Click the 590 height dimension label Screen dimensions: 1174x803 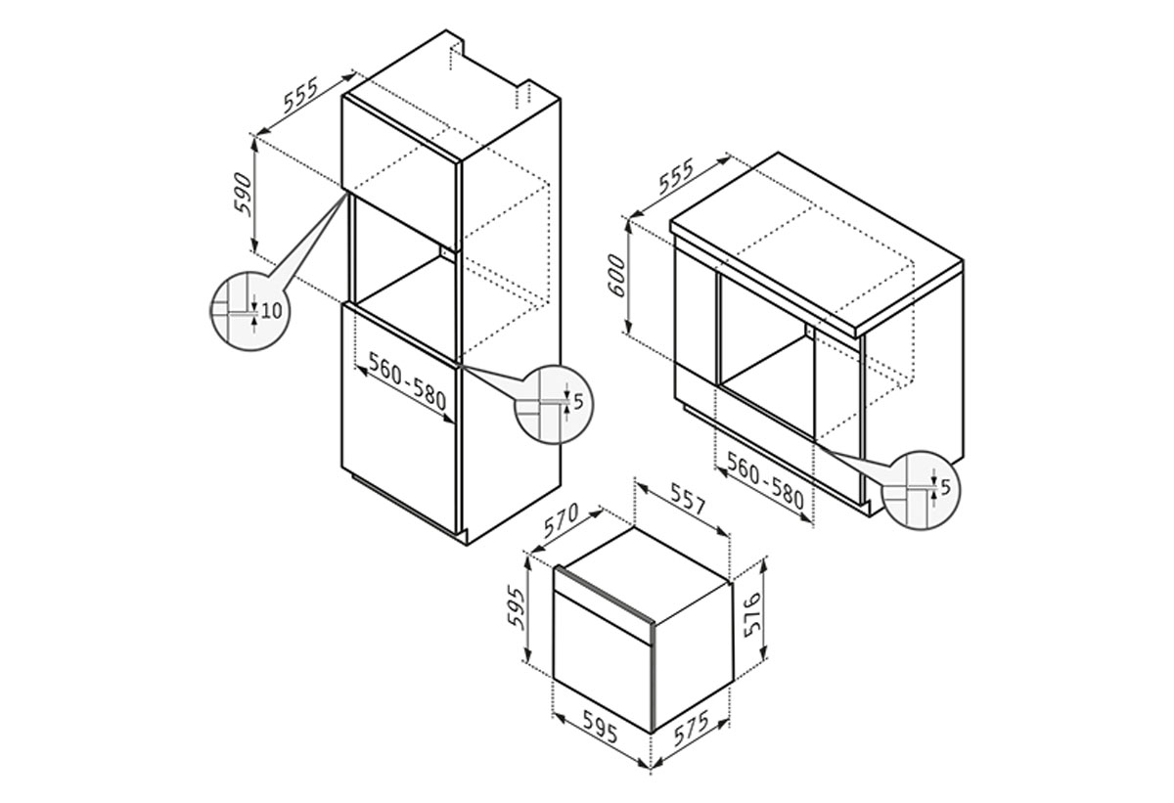tap(244, 194)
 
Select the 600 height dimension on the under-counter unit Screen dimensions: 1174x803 tap(617, 276)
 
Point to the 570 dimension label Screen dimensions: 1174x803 tap(561, 521)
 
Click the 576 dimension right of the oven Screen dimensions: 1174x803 tap(752, 614)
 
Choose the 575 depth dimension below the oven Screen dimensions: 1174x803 tap(692, 728)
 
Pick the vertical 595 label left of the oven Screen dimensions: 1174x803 tap(517, 607)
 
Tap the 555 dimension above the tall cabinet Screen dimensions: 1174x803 tap(300, 95)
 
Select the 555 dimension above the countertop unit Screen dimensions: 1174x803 tap(676, 175)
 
